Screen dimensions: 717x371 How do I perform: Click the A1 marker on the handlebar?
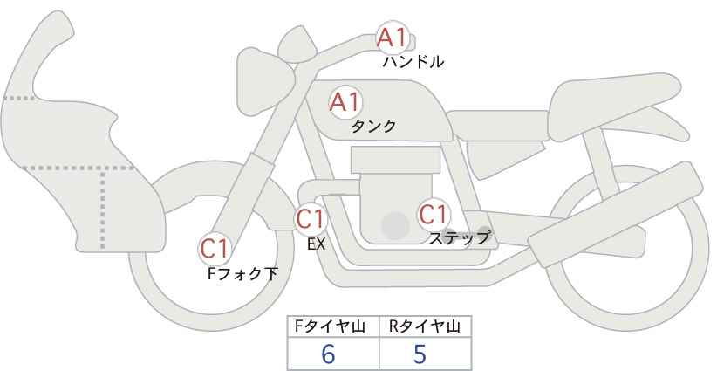[x=393, y=38]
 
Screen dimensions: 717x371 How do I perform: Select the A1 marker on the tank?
[x=345, y=102]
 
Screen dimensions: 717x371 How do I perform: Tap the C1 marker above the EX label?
[x=311, y=218]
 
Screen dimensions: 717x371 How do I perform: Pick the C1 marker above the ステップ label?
[x=433, y=214]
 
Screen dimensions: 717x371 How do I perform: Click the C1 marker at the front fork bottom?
[x=215, y=249]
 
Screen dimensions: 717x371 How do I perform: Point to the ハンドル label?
[x=413, y=62]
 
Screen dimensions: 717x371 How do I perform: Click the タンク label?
[x=373, y=126]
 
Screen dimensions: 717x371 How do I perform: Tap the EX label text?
[x=316, y=244]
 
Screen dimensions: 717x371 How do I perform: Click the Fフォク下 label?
[x=242, y=273]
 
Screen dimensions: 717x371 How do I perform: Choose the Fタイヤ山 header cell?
[x=333, y=326]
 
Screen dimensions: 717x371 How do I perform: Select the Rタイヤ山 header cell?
[x=426, y=326]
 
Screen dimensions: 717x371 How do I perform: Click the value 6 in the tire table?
[x=328, y=354]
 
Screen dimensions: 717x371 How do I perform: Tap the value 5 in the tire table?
[x=420, y=354]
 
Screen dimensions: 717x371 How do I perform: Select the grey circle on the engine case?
[x=395, y=225]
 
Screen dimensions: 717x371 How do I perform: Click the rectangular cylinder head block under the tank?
[x=395, y=160]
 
